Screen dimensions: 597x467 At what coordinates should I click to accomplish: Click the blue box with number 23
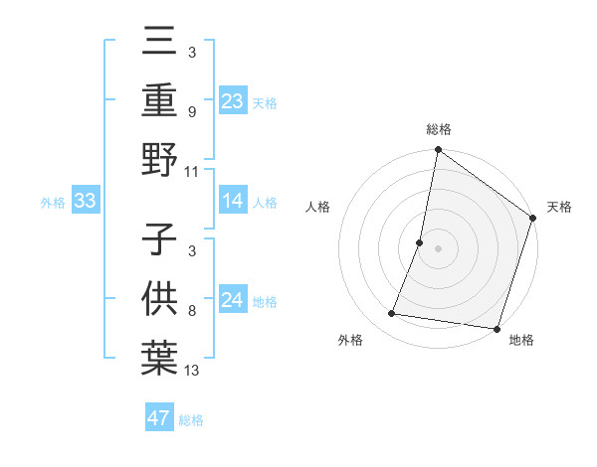pos(232,100)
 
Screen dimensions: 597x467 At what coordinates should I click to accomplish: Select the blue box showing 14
pos(232,201)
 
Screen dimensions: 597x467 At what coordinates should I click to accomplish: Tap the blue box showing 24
pos(232,300)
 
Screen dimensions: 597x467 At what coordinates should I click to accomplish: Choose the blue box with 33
pos(85,201)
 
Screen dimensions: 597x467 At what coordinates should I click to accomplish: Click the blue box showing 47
pos(159,418)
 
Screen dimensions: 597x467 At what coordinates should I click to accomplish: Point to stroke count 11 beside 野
pos(192,171)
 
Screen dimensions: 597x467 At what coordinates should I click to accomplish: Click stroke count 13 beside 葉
pos(192,370)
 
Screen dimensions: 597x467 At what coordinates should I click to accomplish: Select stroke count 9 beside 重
pos(191,112)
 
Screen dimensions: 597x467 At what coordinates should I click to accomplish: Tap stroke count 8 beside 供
pos(191,311)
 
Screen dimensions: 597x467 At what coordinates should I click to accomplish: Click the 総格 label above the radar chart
pos(438,130)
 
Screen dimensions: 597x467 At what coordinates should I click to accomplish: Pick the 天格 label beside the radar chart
pos(559,207)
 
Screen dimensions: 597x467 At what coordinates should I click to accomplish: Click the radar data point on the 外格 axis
pos(392,314)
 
